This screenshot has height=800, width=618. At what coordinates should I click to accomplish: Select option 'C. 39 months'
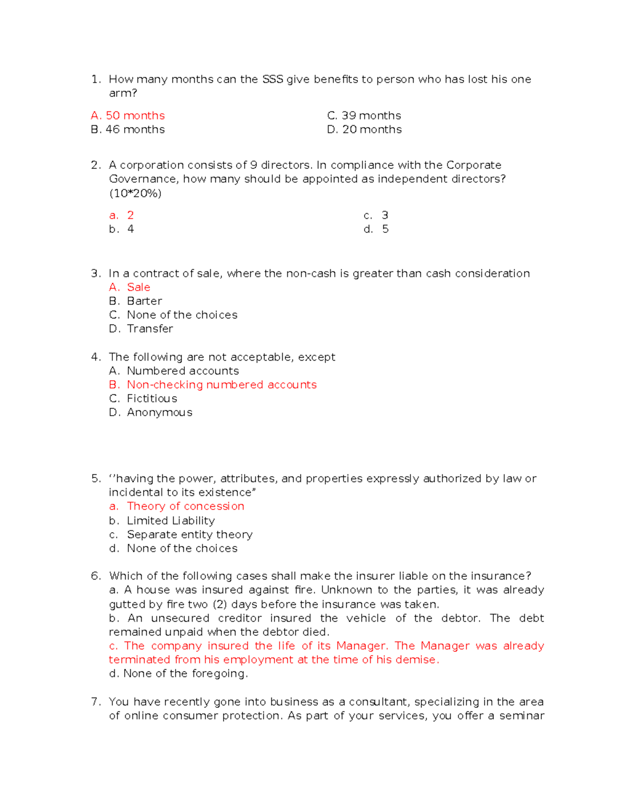(x=364, y=115)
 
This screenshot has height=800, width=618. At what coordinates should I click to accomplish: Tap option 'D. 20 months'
(x=364, y=129)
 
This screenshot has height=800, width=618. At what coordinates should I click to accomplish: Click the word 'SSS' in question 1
(x=272, y=79)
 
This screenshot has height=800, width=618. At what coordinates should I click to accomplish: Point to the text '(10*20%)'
(x=135, y=193)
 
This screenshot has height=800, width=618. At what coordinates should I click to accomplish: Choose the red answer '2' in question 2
(x=130, y=215)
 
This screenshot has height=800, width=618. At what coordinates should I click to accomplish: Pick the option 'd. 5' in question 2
(x=376, y=229)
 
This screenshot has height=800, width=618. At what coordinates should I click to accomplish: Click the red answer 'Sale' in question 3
(x=139, y=287)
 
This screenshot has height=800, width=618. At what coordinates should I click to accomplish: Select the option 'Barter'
(x=144, y=301)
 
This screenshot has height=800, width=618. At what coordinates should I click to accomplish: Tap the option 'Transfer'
(x=150, y=329)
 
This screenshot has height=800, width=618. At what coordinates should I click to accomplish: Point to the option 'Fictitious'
(x=152, y=399)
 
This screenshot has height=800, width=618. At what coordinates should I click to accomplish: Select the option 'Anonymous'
(x=160, y=413)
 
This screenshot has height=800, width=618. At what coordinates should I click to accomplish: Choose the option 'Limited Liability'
(x=171, y=521)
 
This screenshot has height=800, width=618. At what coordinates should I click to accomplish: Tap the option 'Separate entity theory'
(x=190, y=535)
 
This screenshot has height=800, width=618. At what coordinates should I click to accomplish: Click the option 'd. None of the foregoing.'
(x=178, y=673)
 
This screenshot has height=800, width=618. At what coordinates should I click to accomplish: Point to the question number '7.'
(x=95, y=702)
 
